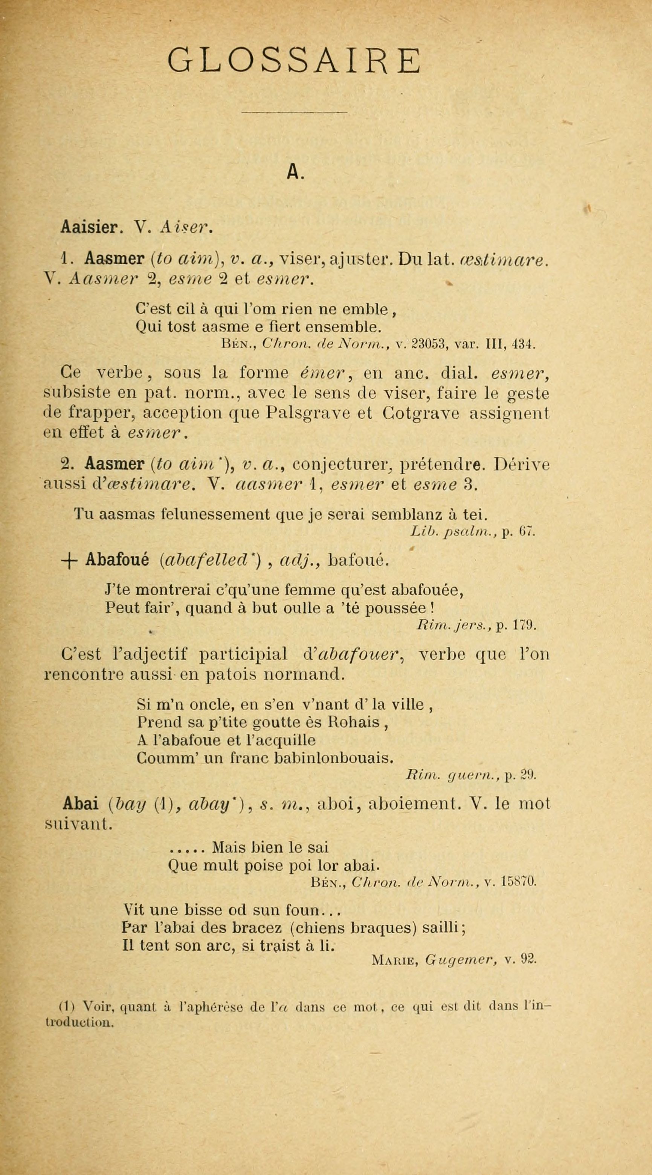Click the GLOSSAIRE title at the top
[x=294, y=61]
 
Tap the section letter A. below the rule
[x=295, y=172]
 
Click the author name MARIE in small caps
[x=393, y=960]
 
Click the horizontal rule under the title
[x=294, y=112]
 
